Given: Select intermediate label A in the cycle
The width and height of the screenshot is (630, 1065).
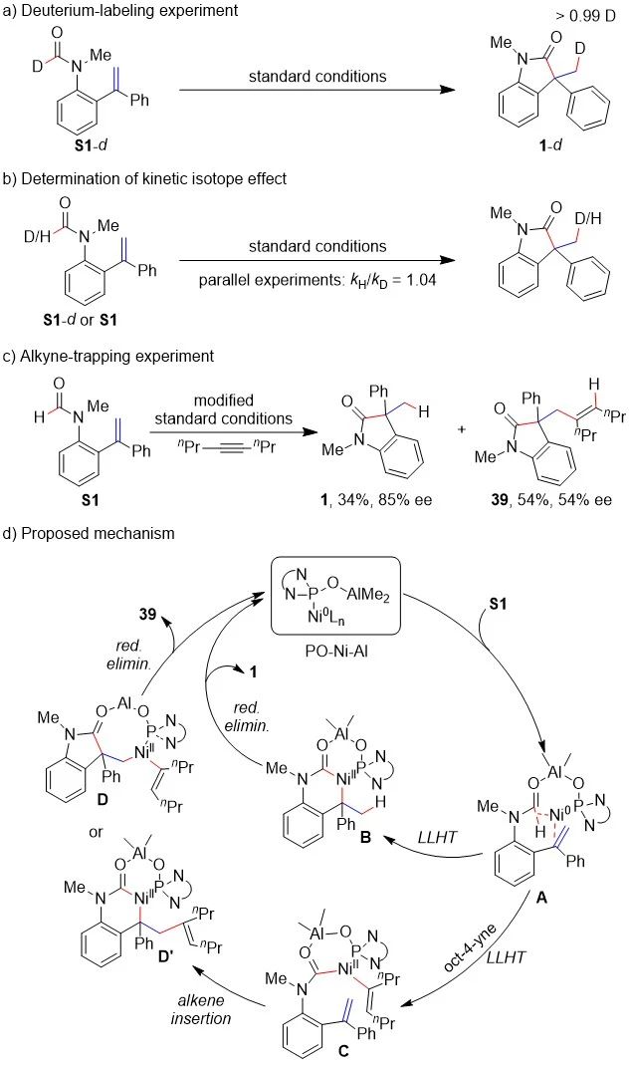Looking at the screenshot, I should click(543, 866).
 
